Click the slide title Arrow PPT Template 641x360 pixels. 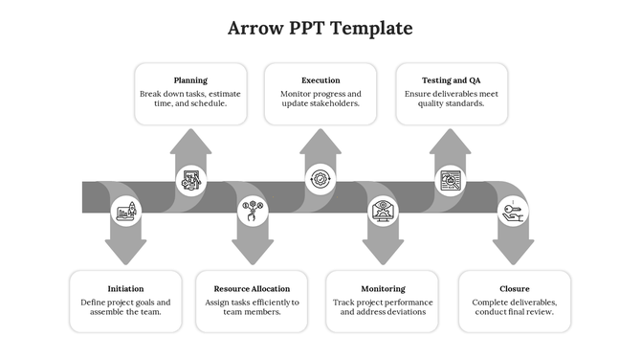[x=320, y=28]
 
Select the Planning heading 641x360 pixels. [x=190, y=80]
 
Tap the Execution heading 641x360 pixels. [x=320, y=80]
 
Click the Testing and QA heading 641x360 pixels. [x=451, y=80]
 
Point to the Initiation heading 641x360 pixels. [x=126, y=288]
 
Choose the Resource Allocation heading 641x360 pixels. [x=252, y=288]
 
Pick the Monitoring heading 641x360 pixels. [x=383, y=288]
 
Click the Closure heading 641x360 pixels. [x=514, y=288]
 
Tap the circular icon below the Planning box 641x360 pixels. [x=191, y=179]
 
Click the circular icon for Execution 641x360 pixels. [x=320, y=179]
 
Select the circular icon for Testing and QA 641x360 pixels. [x=451, y=179]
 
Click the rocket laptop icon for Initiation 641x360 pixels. [x=125, y=211]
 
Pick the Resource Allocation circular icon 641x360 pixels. [x=254, y=211]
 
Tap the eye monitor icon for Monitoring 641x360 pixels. [x=383, y=211]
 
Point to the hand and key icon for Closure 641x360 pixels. [x=514, y=211]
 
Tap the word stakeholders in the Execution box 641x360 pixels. [x=336, y=103]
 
